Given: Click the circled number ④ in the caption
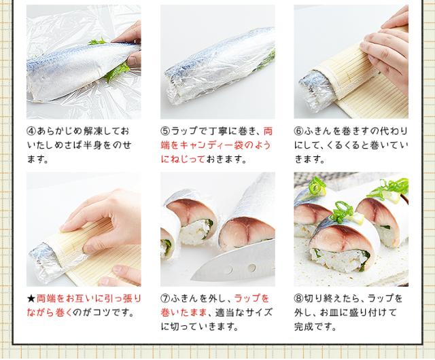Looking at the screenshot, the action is [x=32, y=131].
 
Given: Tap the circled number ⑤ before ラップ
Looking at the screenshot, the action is [x=166, y=131].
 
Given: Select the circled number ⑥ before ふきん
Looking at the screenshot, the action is [x=299, y=131].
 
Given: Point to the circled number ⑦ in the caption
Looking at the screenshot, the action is [x=166, y=299].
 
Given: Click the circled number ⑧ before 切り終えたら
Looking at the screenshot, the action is [x=299, y=299].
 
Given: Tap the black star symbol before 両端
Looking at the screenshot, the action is [x=31, y=299].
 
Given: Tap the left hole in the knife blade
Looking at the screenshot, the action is [x=230, y=270].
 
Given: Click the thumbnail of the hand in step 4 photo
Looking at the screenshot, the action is [x=134, y=60].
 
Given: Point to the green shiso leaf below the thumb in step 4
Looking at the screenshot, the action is [x=116, y=73].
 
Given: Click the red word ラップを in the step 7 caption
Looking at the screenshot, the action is [x=251, y=299].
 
